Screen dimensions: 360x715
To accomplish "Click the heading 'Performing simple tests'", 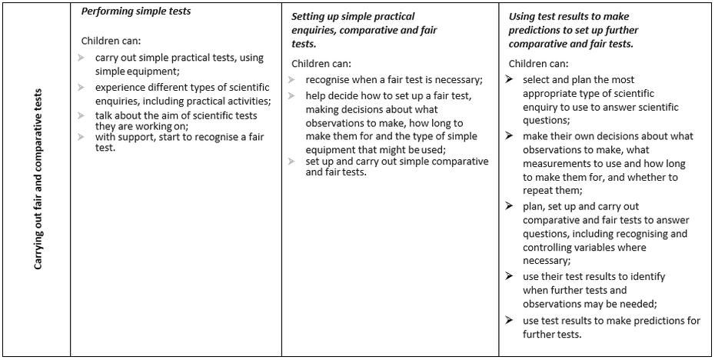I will [x=137, y=12].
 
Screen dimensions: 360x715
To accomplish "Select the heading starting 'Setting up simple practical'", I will [x=353, y=16].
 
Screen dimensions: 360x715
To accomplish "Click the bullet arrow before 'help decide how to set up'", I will [x=292, y=95].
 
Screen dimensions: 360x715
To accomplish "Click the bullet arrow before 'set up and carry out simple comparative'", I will [x=292, y=161].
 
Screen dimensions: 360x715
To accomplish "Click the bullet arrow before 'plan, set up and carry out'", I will [x=510, y=206].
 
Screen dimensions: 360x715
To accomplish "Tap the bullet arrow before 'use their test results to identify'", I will [x=510, y=275].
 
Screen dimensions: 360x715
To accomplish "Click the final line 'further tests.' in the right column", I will [x=552, y=335].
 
